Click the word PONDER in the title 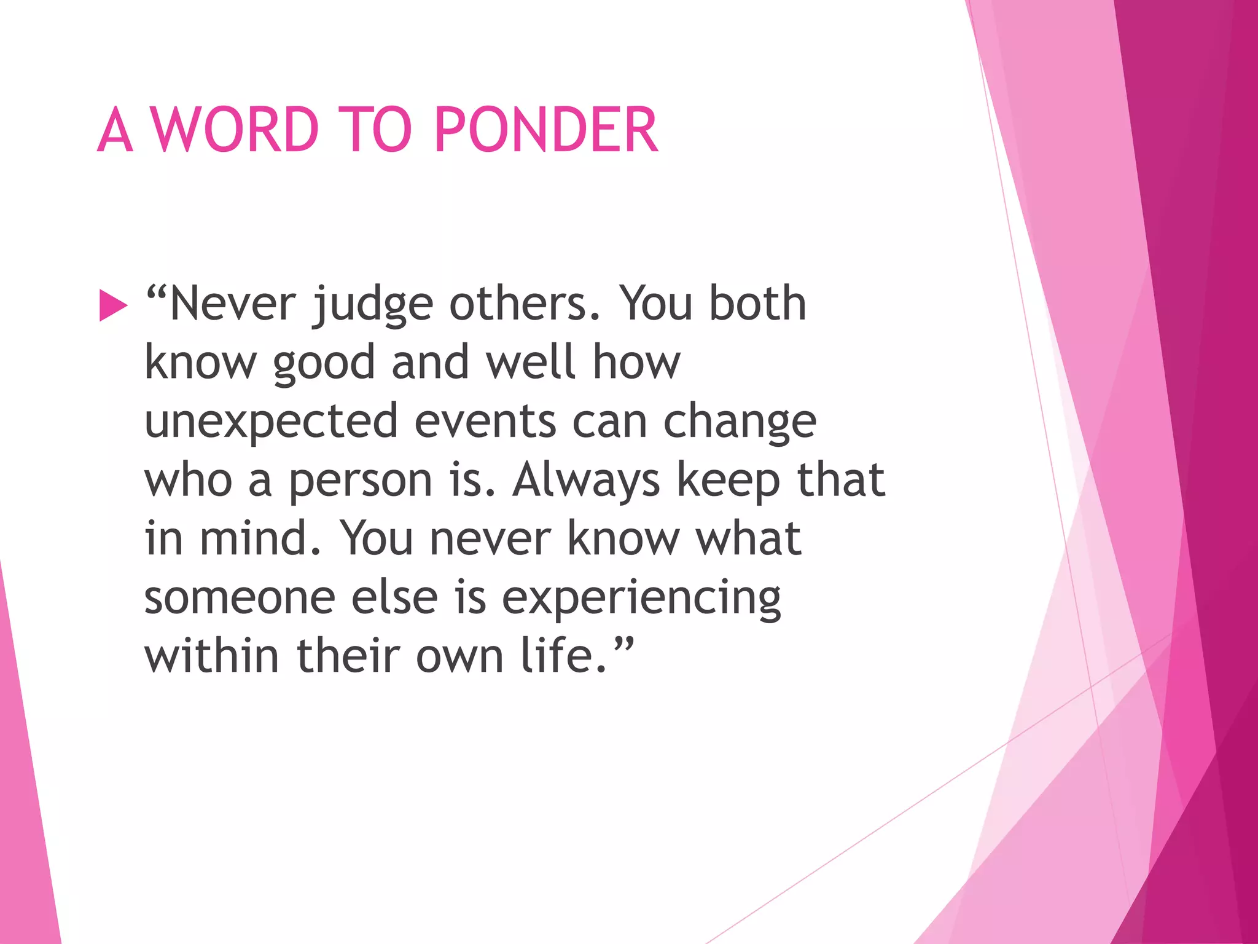(x=546, y=130)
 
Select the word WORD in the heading (x=235, y=130)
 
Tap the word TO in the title (x=374, y=130)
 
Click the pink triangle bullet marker (x=113, y=305)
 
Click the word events (x=485, y=422)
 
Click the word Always (x=586, y=481)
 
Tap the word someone (x=240, y=598)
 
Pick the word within (x=211, y=656)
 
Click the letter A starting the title (x=115, y=130)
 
